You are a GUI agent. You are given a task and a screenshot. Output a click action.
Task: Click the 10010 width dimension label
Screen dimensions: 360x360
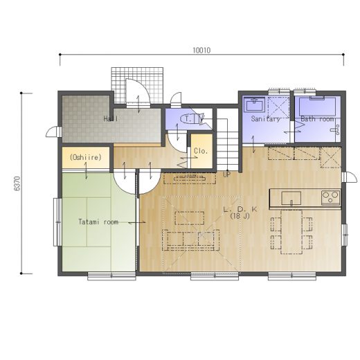201,51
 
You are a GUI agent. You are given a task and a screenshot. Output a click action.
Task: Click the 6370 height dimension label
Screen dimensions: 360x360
17,183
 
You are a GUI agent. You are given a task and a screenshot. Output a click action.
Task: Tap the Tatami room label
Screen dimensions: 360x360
98,222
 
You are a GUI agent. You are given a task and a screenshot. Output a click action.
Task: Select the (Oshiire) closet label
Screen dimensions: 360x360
86,157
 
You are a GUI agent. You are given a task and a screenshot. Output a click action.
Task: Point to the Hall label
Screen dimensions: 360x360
111,119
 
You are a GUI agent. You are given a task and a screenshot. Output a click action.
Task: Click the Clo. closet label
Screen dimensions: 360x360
201,151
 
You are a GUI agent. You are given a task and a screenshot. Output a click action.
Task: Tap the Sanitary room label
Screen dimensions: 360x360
266,119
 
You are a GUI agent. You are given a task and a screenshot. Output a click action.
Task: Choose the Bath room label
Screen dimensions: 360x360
317,119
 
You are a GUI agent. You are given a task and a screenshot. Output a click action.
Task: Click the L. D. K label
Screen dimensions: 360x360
240,209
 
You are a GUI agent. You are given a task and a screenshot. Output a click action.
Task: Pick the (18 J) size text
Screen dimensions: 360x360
240,216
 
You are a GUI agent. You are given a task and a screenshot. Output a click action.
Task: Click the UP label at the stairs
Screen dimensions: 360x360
226,174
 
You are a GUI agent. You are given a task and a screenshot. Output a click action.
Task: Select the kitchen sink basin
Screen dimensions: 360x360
291,198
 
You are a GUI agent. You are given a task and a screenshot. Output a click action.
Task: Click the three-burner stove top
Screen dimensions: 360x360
331,198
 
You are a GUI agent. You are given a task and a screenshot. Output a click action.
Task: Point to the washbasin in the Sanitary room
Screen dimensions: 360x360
255,105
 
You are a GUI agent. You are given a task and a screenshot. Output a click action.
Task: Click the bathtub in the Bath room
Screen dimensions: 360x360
317,107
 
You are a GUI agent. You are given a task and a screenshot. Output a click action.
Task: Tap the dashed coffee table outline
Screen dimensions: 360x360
190,218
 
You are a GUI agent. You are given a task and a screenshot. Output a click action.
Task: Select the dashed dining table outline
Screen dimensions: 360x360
291,232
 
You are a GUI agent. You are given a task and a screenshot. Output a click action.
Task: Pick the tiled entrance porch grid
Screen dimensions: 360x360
137,85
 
